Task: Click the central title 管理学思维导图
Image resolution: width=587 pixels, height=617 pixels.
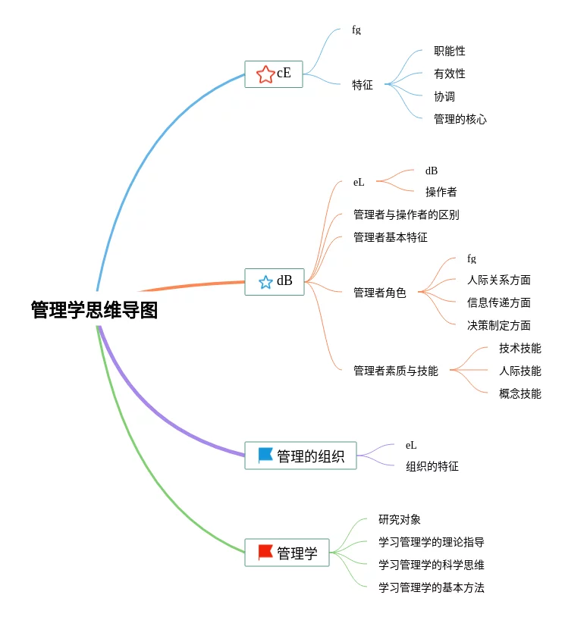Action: (95, 310)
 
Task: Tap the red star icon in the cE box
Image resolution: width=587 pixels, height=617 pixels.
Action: (265, 74)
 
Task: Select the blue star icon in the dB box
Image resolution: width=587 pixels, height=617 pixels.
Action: (265, 282)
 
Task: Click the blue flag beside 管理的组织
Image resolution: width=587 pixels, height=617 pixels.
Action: (265, 456)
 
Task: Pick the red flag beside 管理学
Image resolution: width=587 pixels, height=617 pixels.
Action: (265, 552)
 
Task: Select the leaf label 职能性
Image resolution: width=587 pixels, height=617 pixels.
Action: (450, 51)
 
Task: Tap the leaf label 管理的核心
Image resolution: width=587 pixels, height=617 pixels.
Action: (460, 119)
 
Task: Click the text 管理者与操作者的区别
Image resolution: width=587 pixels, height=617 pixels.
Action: (407, 215)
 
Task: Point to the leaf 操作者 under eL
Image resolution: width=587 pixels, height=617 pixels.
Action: (441, 192)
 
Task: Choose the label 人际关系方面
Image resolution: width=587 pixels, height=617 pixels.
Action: (499, 280)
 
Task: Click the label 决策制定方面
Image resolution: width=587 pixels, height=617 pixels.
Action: (499, 325)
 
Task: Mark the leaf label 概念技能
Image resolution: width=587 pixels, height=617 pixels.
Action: (520, 393)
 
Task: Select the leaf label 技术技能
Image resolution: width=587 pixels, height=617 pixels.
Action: (520, 348)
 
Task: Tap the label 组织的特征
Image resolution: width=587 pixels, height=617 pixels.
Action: (432, 466)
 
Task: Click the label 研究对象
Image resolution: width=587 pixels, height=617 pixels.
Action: (400, 519)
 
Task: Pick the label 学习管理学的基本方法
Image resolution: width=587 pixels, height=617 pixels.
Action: (432, 587)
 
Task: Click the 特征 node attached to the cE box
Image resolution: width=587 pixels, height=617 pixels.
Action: (363, 85)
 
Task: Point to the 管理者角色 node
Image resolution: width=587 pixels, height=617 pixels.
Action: (379, 293)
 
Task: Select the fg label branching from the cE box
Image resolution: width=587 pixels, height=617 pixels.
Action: (356, 30)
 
